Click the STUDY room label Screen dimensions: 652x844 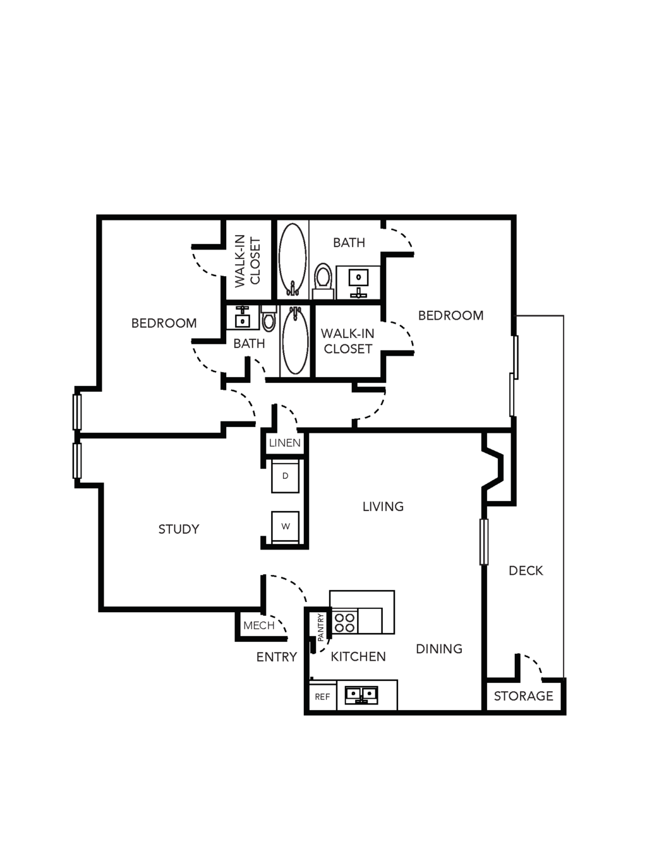click(x=179, y=529)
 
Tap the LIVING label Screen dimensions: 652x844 click(x=383, y=507)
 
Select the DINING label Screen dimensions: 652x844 click(x=439, y=649)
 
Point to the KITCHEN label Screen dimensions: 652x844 click(x=358, y=656)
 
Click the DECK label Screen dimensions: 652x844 click(x=526, y=570)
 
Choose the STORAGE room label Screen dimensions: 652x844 click(x=524, y=696)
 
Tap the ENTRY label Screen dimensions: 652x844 click(x=277, y=657)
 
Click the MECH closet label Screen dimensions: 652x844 click(x=259, y=625)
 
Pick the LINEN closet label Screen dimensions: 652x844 click(x=285, y=443)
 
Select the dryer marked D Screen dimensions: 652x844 click(x=285, y=476)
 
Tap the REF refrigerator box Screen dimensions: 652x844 click(x=323, y=697)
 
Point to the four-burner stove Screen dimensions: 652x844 click(x=344, y=622)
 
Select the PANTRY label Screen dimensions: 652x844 click(x=321, y=628)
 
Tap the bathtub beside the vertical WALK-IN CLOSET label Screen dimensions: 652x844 click(x=293, y=259)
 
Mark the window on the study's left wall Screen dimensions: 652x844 click(x=77, y=461)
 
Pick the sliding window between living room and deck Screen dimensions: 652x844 click(x=484, y=542)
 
